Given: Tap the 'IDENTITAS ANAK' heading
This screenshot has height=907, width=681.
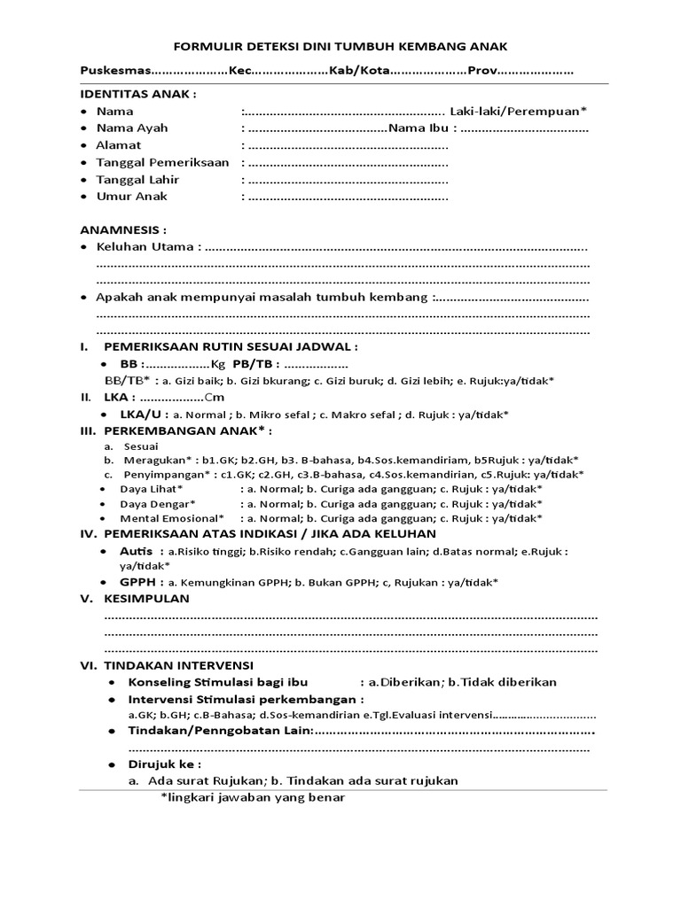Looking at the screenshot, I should (x=138, y=95).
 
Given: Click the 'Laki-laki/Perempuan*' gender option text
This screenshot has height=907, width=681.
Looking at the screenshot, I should (x=518, y=112).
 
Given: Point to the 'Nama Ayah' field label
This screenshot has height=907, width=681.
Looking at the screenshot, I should (x=132, y=128).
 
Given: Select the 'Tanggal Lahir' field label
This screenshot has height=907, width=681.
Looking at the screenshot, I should (x=137, y=180).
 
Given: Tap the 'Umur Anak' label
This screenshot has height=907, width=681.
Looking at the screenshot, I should (x=131, y=197).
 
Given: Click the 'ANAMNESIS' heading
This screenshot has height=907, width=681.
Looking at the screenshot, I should (x=123, y=229).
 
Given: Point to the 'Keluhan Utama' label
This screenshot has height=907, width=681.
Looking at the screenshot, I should (x=146, y=247).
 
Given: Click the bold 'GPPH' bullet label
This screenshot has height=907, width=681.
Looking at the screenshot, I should (x=142, y=582).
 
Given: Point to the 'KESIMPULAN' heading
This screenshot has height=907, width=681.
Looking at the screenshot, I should (x=146, y=599).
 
